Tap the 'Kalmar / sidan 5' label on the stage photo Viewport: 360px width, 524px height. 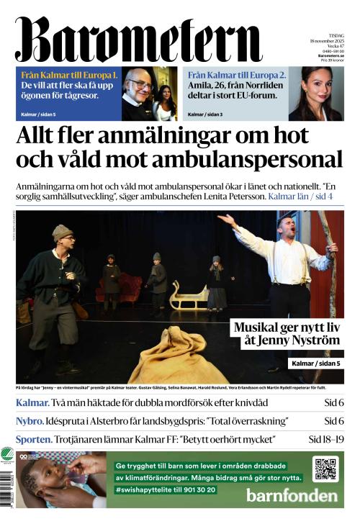315,363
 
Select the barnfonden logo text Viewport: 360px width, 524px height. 292,495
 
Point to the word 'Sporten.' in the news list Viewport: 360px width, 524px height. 34,439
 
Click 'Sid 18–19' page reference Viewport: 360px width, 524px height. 326,439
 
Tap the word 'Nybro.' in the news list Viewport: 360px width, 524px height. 32,421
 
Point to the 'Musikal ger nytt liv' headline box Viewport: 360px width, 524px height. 286,334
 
